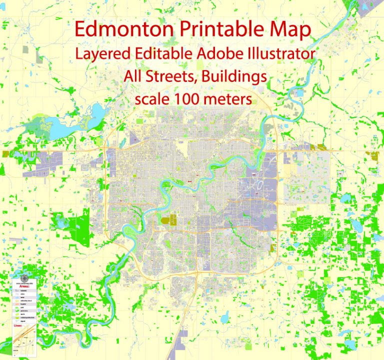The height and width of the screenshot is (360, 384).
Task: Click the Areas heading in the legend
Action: (x=23, y=286)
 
